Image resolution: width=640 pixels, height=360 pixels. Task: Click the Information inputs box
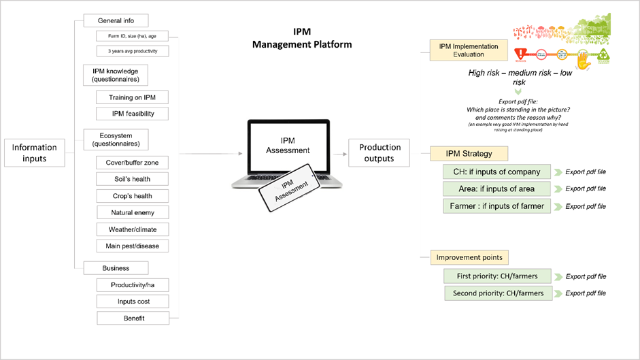point(35,153)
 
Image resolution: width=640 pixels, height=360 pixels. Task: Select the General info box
point(116,20)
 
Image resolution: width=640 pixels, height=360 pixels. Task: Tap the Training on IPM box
point(132,97)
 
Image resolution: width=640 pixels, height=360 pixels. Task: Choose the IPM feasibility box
point(132,114)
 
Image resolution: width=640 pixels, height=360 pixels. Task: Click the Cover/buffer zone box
point(132,163)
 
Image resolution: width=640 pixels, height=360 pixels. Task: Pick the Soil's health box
point(132,179)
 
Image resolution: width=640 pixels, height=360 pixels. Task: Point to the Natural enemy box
point(132,213)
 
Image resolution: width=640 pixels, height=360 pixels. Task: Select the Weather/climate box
point(132,229)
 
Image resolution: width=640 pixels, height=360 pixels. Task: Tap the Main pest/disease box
point(132,246)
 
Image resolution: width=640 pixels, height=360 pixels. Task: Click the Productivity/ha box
point(132,284)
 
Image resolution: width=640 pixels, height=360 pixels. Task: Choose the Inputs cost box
point(132,301)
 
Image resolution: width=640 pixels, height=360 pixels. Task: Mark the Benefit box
point(132,318)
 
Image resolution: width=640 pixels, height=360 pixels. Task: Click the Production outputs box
point(380,153)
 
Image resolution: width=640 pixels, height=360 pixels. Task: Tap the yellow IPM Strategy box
point(469,154)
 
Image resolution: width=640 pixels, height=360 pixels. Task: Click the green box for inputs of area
point(496,189)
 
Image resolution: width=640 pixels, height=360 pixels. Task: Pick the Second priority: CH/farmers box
point(496,293)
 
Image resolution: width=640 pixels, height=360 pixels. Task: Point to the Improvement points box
point(469,258)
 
